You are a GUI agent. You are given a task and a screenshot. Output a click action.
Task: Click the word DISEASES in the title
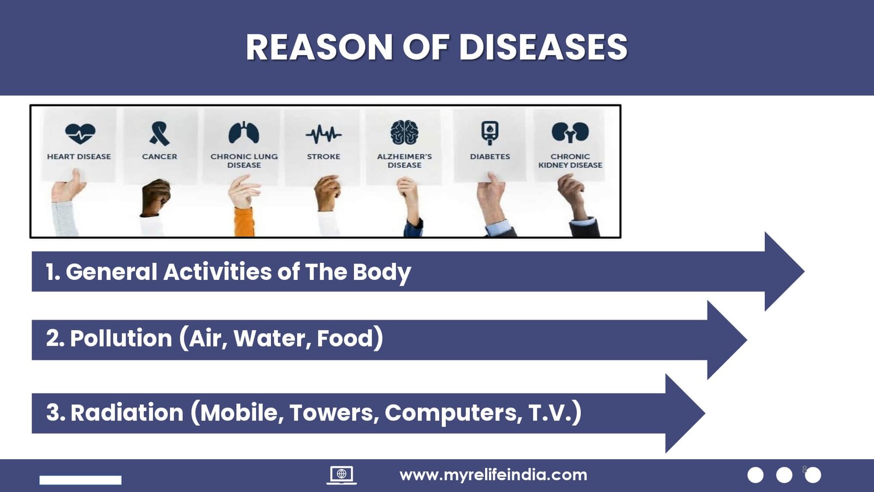click(x=543, y=47)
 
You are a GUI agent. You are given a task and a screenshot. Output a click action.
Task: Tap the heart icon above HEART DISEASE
click(x=80, y=133)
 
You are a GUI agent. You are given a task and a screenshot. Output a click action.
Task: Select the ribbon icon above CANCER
click(x=159, y=133)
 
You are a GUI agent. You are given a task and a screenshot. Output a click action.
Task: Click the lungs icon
click(x=244, y=132)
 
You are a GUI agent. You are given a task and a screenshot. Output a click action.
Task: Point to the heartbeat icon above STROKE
click(x=323, y=134)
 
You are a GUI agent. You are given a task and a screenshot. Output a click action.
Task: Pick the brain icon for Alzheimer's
click(x=405, y=132)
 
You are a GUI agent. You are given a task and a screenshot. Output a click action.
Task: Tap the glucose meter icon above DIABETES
click(x=489, y=133)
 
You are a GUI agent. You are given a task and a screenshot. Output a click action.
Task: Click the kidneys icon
click(x=570, y=132)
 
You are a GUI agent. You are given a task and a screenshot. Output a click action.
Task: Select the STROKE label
click(x=323, y=156)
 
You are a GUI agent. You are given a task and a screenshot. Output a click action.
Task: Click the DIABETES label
click(x=490, y=156)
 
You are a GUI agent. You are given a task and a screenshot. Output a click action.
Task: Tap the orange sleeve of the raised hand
click(x=244, y=222)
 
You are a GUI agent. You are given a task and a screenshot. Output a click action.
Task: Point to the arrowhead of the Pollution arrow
click(x=727, y=339)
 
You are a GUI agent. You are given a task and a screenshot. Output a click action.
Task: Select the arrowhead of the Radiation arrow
click(x=685, y=413)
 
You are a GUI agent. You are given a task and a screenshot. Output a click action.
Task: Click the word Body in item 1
click(x=382, y=272)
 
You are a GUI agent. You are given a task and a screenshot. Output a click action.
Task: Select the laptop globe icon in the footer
click(x=341, y=475)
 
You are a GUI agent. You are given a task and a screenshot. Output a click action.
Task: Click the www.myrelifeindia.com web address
click(x=493, y=475)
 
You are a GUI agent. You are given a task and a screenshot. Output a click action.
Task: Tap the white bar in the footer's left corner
click(x=80, y=480)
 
